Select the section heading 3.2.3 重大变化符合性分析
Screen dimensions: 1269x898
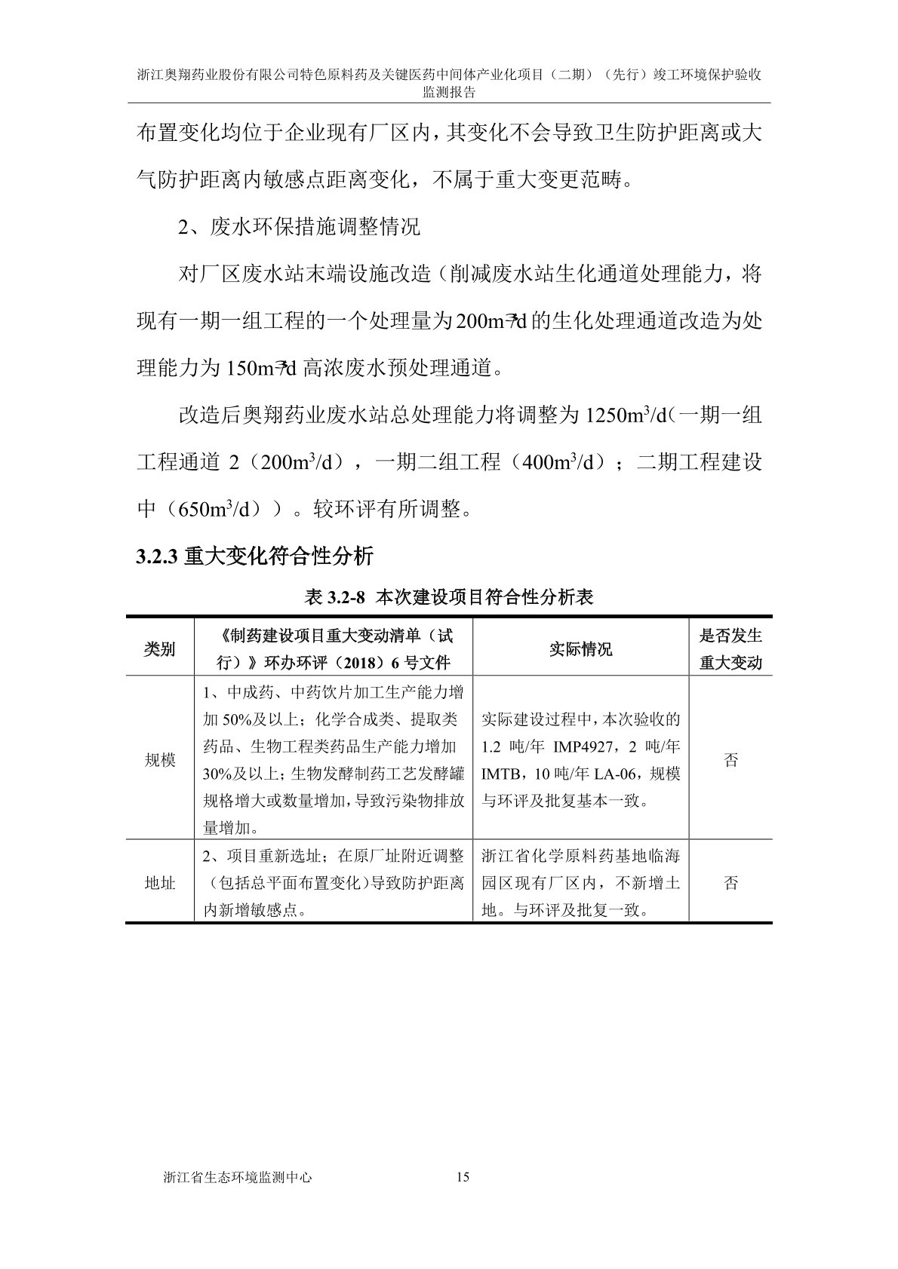[254, 557]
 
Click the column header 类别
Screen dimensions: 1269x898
[159, 648]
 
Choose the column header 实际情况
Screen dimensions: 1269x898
[580, 648]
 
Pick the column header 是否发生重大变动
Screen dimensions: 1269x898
[730, 648]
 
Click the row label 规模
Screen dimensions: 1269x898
[159, 760]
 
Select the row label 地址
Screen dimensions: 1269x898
[159, 883]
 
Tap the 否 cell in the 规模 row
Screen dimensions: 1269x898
[730, 760]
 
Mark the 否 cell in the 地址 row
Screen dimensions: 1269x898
[730, 883]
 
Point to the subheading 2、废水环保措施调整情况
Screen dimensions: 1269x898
[299, 227]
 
